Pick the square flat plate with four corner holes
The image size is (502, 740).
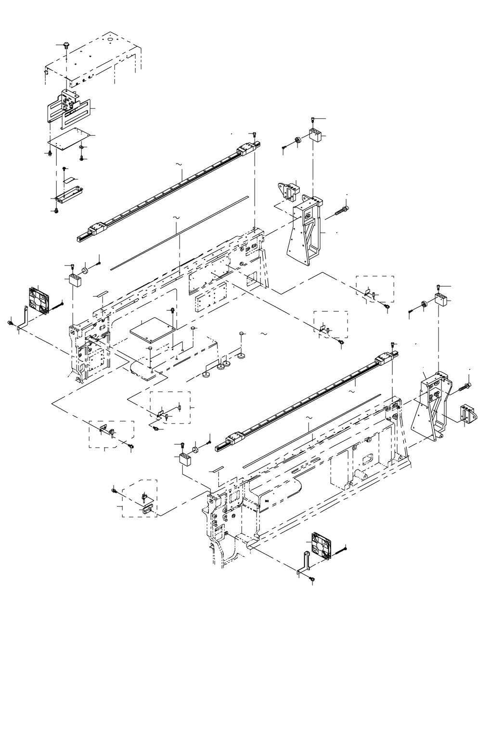[x=152, y=330]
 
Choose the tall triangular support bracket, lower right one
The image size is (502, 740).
[x=432, y=404]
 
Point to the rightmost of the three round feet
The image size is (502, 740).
[x=240, y=357]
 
